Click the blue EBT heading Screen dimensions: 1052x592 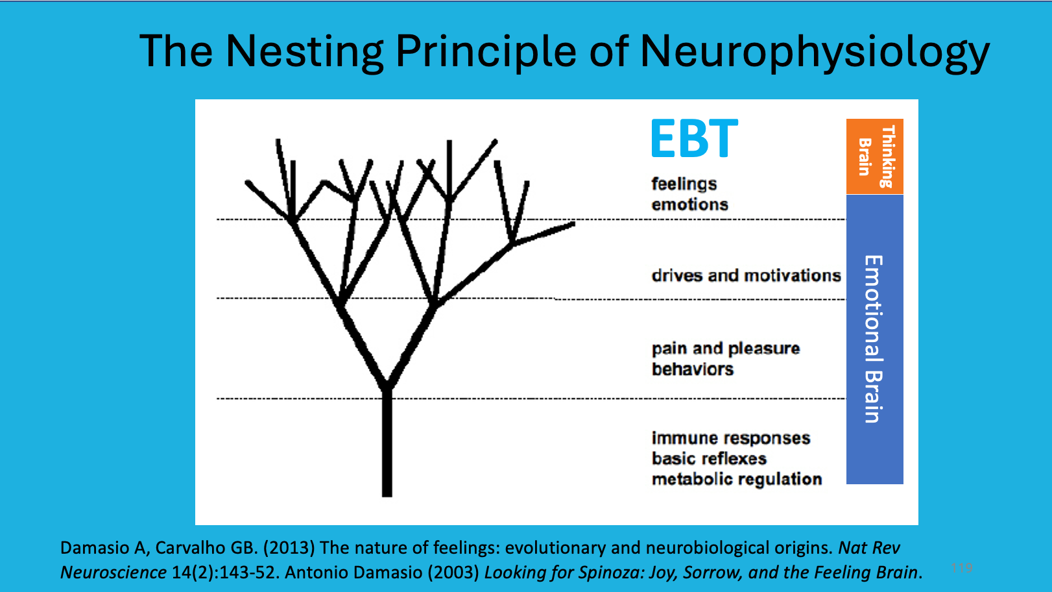694,139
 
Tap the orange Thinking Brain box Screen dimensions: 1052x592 874,156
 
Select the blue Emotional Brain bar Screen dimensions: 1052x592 874,339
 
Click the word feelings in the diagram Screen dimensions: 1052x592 684,184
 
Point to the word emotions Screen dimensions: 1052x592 689,204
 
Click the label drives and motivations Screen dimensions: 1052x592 746,276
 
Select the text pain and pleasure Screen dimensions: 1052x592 725,349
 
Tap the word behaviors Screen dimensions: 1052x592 692,369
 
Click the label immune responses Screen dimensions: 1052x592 730,438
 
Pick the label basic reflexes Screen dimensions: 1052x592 709,459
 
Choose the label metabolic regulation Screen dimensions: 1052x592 736,480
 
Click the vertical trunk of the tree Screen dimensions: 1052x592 387,448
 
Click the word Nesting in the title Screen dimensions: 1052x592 304,51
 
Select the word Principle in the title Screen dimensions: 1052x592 486,52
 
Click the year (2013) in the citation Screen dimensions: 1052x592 289,548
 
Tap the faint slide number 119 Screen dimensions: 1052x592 962,567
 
